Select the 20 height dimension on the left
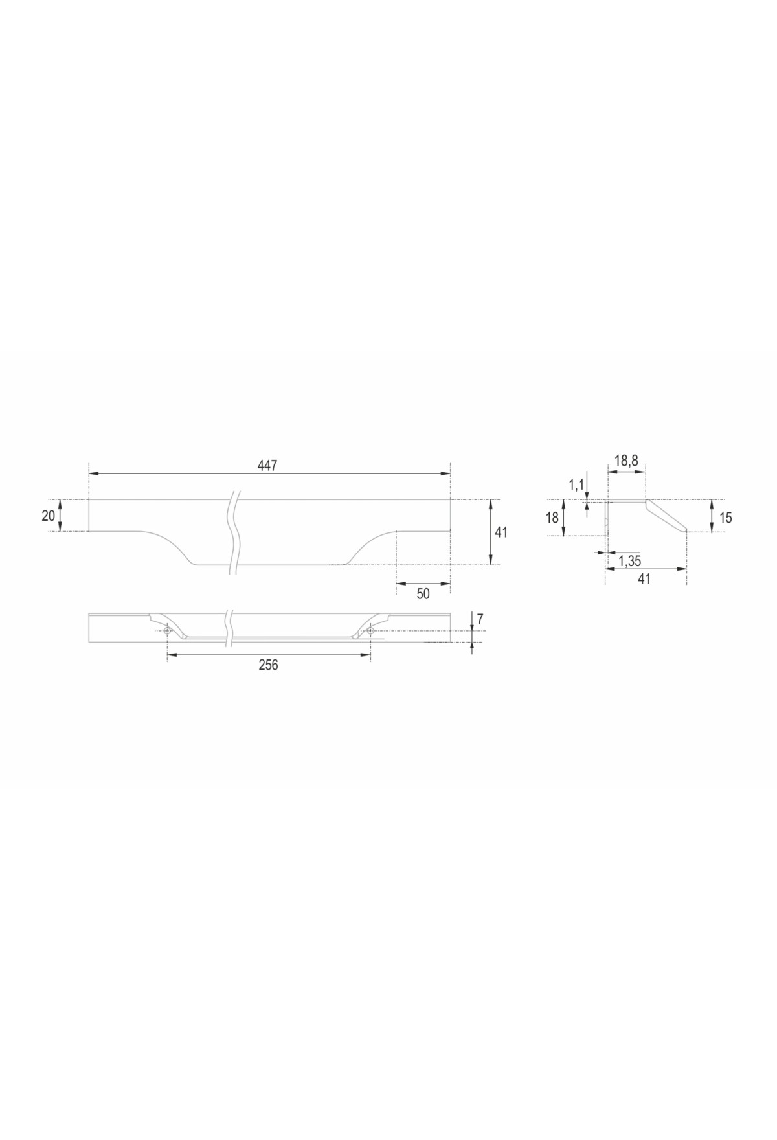49,516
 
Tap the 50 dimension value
423,593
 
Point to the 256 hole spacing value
267,665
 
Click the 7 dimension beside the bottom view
480,619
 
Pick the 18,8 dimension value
626,461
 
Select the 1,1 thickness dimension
576,484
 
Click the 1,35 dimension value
629,561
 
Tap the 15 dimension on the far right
725,518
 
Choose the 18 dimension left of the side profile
552,518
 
